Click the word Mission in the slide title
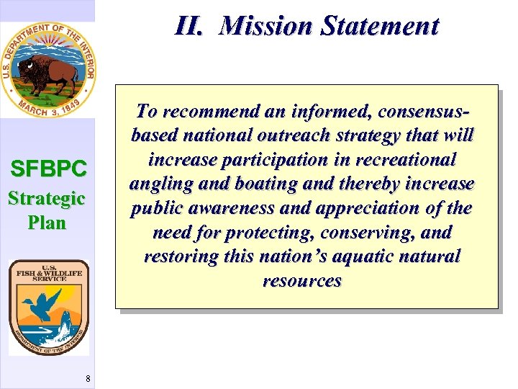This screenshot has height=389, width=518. pos(267,26)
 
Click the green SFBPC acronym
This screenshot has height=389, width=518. pos(48,169)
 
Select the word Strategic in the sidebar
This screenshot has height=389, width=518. pos(47,198)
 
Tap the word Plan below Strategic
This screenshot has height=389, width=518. pos(47,223)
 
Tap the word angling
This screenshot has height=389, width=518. pos(160,184)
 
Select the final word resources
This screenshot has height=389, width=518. pos(301,282)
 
